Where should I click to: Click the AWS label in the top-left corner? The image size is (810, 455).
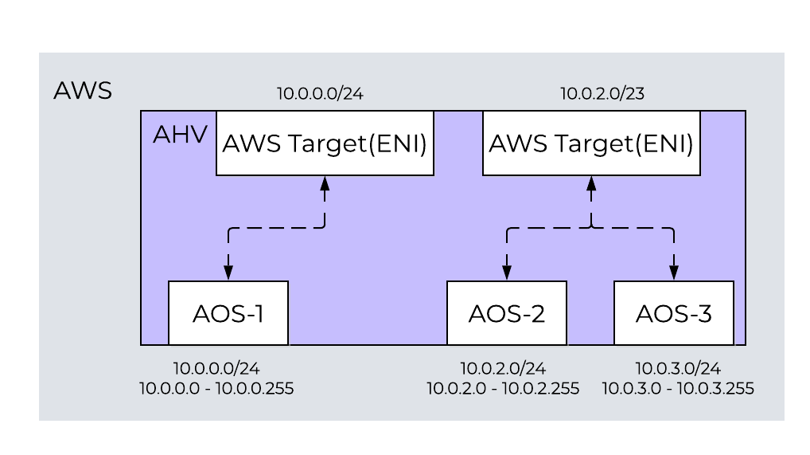(82, 90)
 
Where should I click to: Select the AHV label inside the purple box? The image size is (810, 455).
(180, 134)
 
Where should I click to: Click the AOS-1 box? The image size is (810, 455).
(228, 313)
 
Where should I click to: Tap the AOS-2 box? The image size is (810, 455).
(507, 313)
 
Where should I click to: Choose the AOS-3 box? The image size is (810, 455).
(673, 313)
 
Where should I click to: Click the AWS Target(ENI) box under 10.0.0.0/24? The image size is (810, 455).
(325, 143)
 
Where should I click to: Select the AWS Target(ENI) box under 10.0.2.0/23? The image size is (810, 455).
(591, 143)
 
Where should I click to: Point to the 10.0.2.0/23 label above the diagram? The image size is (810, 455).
(602, 94)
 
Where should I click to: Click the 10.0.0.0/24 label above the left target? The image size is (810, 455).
(320, 94)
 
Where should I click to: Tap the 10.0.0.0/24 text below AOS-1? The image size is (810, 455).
(216, 368)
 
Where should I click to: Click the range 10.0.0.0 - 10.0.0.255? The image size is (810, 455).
(216, 389)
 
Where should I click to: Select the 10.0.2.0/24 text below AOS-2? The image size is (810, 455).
(503, 368)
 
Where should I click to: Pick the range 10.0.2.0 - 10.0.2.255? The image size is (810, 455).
(503, 389)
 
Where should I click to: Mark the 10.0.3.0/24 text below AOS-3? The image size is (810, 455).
(678, 368)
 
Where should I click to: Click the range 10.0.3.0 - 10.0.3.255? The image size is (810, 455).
(678, 389)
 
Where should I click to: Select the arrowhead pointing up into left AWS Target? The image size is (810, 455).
(325, 182)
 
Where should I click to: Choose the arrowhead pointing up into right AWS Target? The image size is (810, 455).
(591, 182)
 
